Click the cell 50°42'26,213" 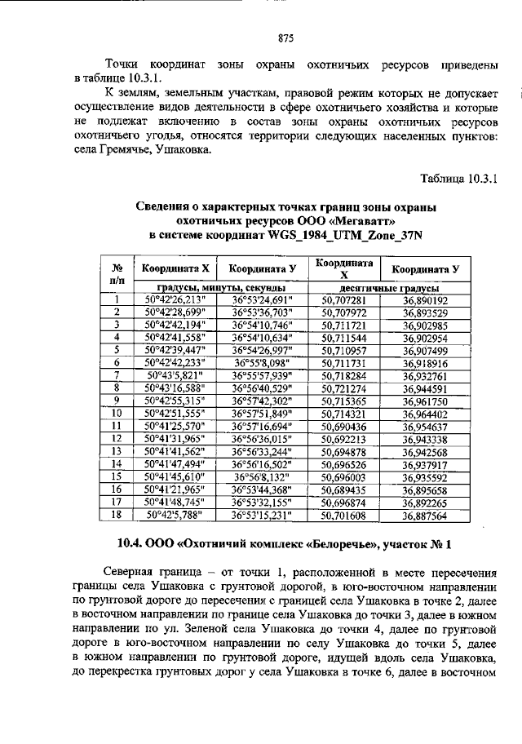click(173, 300)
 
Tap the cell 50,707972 click(344, 312)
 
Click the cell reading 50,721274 click(344, 388)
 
